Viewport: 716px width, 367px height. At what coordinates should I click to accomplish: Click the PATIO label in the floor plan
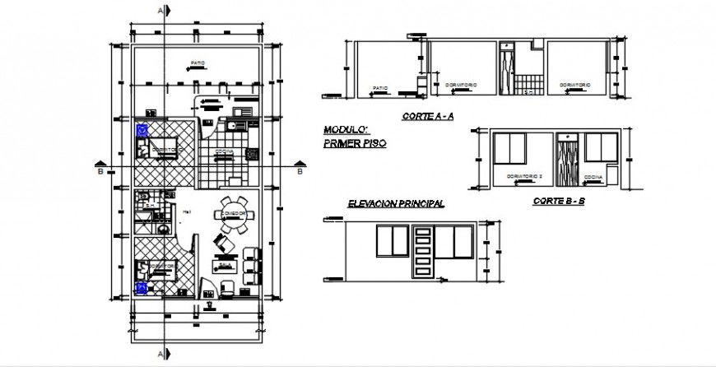point(195,63)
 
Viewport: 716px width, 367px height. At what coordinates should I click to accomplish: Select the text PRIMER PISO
point(355,142)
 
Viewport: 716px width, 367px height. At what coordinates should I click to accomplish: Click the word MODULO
point(342,130)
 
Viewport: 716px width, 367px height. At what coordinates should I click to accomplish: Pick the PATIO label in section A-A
point(379,86)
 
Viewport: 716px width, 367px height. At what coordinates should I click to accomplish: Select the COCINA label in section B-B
point(593,176)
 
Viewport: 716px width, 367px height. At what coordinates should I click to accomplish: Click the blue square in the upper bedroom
point(142,128)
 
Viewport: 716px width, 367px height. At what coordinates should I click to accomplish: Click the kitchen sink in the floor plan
point(233,125)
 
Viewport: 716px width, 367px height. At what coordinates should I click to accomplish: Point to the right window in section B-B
point(601,148)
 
